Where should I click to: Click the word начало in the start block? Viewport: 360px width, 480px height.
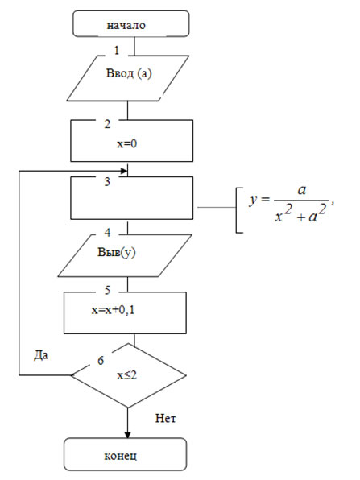point(126,25)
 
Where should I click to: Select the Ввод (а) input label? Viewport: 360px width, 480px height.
point(129,73)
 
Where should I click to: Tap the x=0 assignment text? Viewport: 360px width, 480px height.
point(126,143)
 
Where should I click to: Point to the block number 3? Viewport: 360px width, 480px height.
point(107,181)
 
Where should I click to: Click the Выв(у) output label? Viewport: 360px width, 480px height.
point(117,252)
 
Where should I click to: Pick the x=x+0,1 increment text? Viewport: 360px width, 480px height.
point(113,310)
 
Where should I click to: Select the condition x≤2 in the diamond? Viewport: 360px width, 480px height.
point(126,375)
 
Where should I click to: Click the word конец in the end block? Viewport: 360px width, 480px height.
point(121,456)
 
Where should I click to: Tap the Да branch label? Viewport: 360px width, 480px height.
point(41,355)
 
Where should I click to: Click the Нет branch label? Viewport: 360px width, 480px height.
point(166,418)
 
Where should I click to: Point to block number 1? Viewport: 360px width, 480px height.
point(117,50)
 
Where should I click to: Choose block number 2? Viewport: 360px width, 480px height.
point(107,124)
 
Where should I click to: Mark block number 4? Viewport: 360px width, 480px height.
point(107,233)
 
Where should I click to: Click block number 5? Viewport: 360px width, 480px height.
point(107,290)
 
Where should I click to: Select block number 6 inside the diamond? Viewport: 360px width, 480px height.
point(101,361)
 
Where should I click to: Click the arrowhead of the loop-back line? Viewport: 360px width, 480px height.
point(124,171)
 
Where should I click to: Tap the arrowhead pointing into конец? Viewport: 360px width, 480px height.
point(128,435)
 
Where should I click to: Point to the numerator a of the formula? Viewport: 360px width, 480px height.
point(302,190)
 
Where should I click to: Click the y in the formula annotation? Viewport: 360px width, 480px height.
point(253,200)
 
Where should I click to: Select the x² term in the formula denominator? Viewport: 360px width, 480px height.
point(283,213)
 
